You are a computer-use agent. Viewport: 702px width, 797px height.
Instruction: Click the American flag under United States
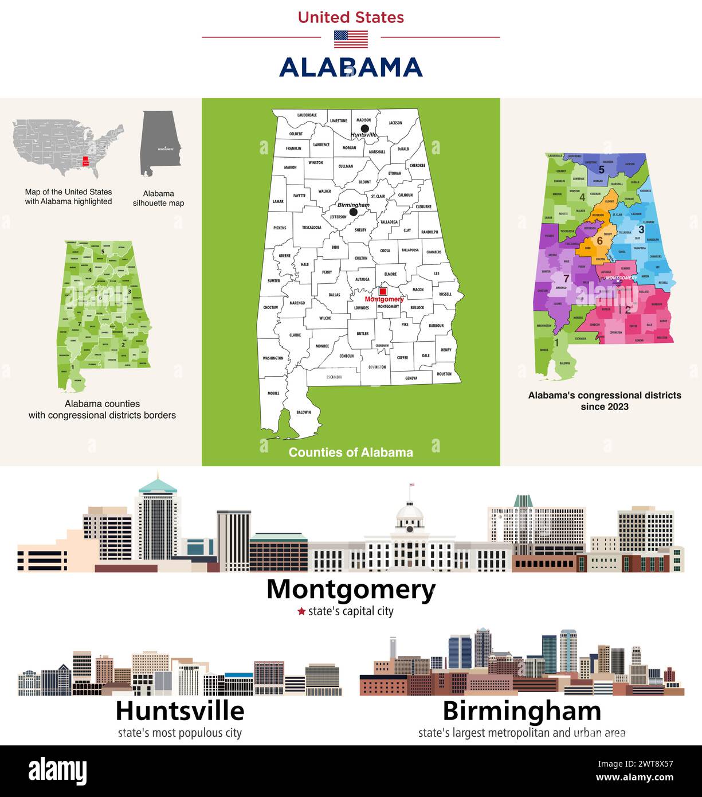click(351, 39)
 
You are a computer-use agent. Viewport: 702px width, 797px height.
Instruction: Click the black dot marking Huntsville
click(364, 128)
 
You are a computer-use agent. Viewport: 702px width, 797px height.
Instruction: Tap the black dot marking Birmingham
click(354, 212)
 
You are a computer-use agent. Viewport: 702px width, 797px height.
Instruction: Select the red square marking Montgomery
click(383, 291)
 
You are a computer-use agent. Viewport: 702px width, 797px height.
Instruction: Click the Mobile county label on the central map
click(273, 393)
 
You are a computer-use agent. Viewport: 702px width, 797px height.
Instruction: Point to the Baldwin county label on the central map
click(304, 412)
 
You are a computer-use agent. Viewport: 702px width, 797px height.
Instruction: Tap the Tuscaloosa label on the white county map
click(312, 227)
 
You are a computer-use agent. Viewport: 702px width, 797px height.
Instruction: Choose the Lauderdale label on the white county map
click(307, 115)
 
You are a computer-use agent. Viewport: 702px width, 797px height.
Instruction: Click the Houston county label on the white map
click(444, 374)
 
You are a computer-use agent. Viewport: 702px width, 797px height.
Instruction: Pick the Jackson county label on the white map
click(395, 123)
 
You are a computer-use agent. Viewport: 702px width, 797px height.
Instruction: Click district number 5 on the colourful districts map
click(601, 170)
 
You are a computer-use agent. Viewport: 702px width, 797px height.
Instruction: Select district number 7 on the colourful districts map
click(566, 279)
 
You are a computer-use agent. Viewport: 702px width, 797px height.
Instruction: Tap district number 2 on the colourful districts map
click(628, 310)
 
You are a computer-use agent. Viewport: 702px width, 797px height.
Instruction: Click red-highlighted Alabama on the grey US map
click(85, 162)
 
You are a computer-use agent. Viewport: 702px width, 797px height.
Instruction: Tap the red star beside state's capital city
click(301, 611)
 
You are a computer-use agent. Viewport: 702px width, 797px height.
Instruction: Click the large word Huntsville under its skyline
click(180, 711)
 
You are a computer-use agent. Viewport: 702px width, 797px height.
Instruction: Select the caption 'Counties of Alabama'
click(351, 452)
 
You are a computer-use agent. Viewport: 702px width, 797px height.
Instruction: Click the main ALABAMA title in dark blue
click(351, 68)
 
